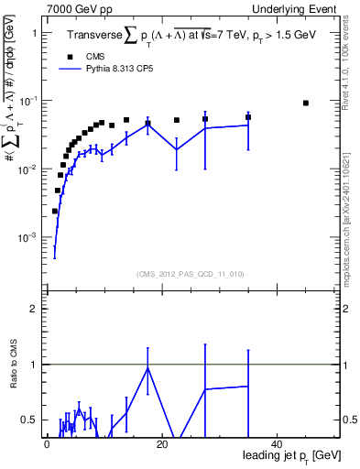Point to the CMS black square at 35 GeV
(x=248, y=117)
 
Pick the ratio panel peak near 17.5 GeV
(x=147, y=368)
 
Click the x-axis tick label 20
(x=161, y=442)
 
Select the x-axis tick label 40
(x=277, y=442)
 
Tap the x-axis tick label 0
(x=47, y=442)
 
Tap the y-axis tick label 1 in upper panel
(x=35, y=33)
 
